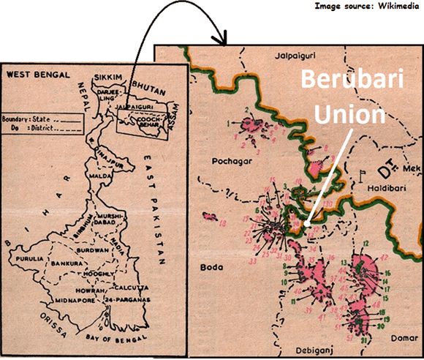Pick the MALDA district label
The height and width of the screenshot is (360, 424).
(x=99, y=174)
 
